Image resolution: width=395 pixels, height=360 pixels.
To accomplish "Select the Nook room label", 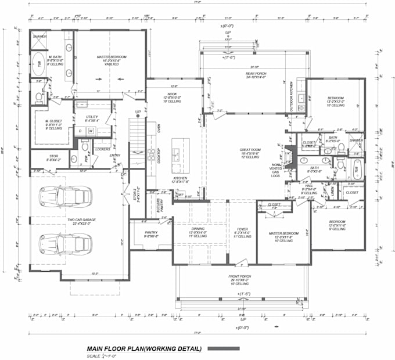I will point(172,98).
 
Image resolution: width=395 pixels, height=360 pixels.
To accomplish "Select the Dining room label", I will point(198,232).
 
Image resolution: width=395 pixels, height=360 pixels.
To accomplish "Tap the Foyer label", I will point(243,232).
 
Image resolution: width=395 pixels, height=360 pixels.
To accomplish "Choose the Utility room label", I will point(92,119).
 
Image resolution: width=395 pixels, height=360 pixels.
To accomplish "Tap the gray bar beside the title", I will point(224,348).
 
